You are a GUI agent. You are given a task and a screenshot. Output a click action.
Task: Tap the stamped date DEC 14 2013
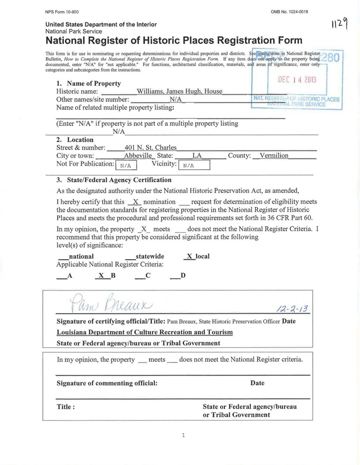click(297, 80)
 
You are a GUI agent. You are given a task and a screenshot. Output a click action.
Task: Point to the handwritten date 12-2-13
click(294, 309)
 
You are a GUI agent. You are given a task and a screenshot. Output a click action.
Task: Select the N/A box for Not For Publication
click(126, 165)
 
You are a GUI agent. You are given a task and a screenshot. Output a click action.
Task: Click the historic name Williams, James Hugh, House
click(180, 92)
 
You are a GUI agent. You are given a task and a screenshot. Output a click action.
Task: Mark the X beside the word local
click(189, 256)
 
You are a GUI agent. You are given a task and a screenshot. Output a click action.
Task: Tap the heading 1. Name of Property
click(88, 83)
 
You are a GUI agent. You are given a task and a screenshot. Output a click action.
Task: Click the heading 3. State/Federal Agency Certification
click(114, 180)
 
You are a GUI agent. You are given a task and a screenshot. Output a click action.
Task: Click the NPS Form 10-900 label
click(62, 12)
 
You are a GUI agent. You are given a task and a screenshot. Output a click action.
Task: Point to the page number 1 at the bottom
click(183, 435)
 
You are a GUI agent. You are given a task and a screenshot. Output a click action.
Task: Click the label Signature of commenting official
click(107, 383)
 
